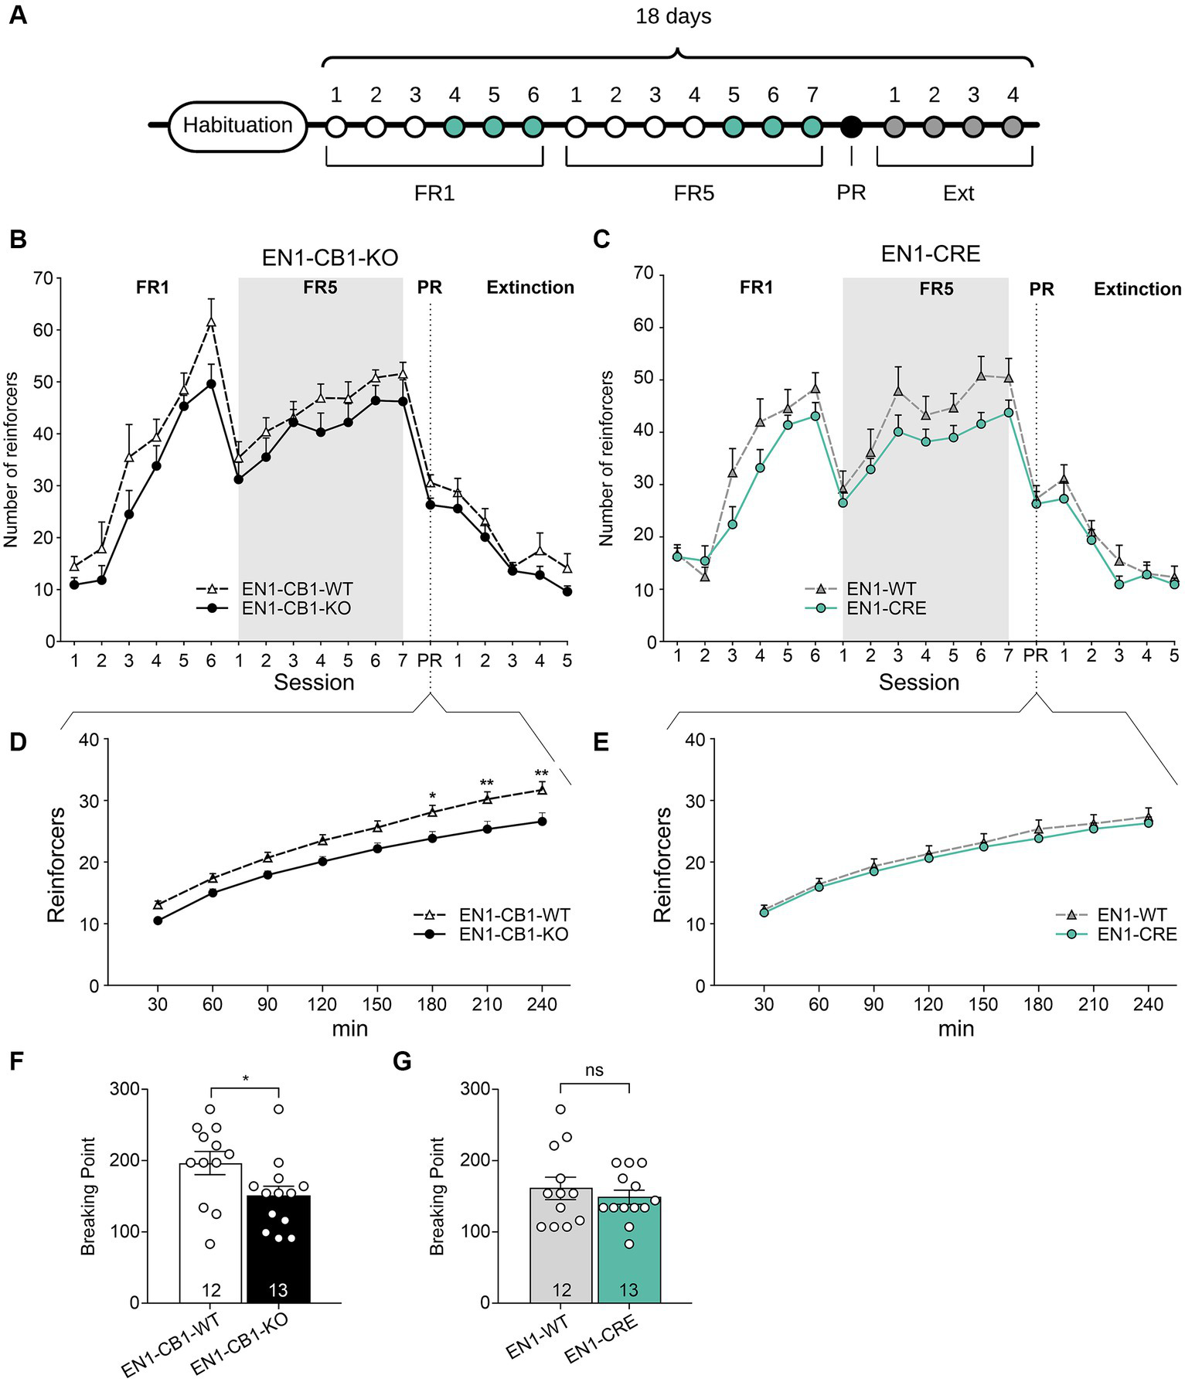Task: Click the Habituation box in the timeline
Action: (x=237, y=125)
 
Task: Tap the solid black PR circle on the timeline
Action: (x=851, y=126)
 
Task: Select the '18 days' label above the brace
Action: (x=673, y=16)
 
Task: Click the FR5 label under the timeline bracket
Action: (x=693, y=193)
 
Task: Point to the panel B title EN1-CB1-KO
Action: (x=330, y=257)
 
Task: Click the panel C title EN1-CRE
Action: (x=931, y=254)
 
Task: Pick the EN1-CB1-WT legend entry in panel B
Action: (x=297, y=589)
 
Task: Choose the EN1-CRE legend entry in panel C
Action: (x=886, y=608)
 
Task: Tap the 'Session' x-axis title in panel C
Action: (x=918, y=682)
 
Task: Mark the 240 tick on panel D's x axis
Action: (x=541, y=1004)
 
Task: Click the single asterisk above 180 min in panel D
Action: (x=433, y=796)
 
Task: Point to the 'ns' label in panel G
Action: (x=594, y=1071)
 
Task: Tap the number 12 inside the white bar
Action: (x=211, y=1290)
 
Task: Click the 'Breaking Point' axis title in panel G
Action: (x=438, y=1196)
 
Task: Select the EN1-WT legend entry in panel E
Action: (x=1132, y=915)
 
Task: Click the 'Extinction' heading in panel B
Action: (x=530, y=288)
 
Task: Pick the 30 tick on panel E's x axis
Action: (x=764, y=1004)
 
